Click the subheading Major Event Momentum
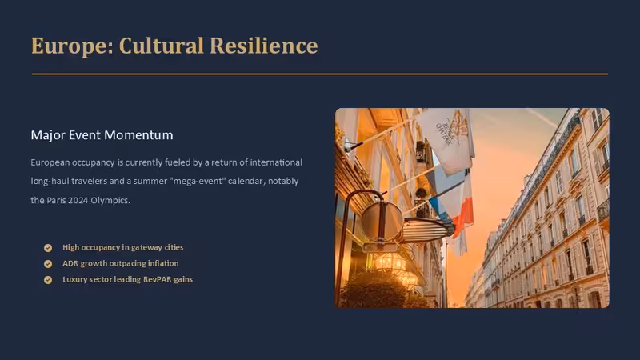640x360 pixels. coord(102,135)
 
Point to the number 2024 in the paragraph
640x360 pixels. coord(78,201)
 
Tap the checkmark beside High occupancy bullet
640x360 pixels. coord(48,248)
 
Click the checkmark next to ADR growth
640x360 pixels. coord(48,264)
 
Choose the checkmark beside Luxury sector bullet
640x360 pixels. coord(48,279)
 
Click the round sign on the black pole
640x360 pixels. coord(382,221)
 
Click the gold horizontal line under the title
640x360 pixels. coord(320,74)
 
